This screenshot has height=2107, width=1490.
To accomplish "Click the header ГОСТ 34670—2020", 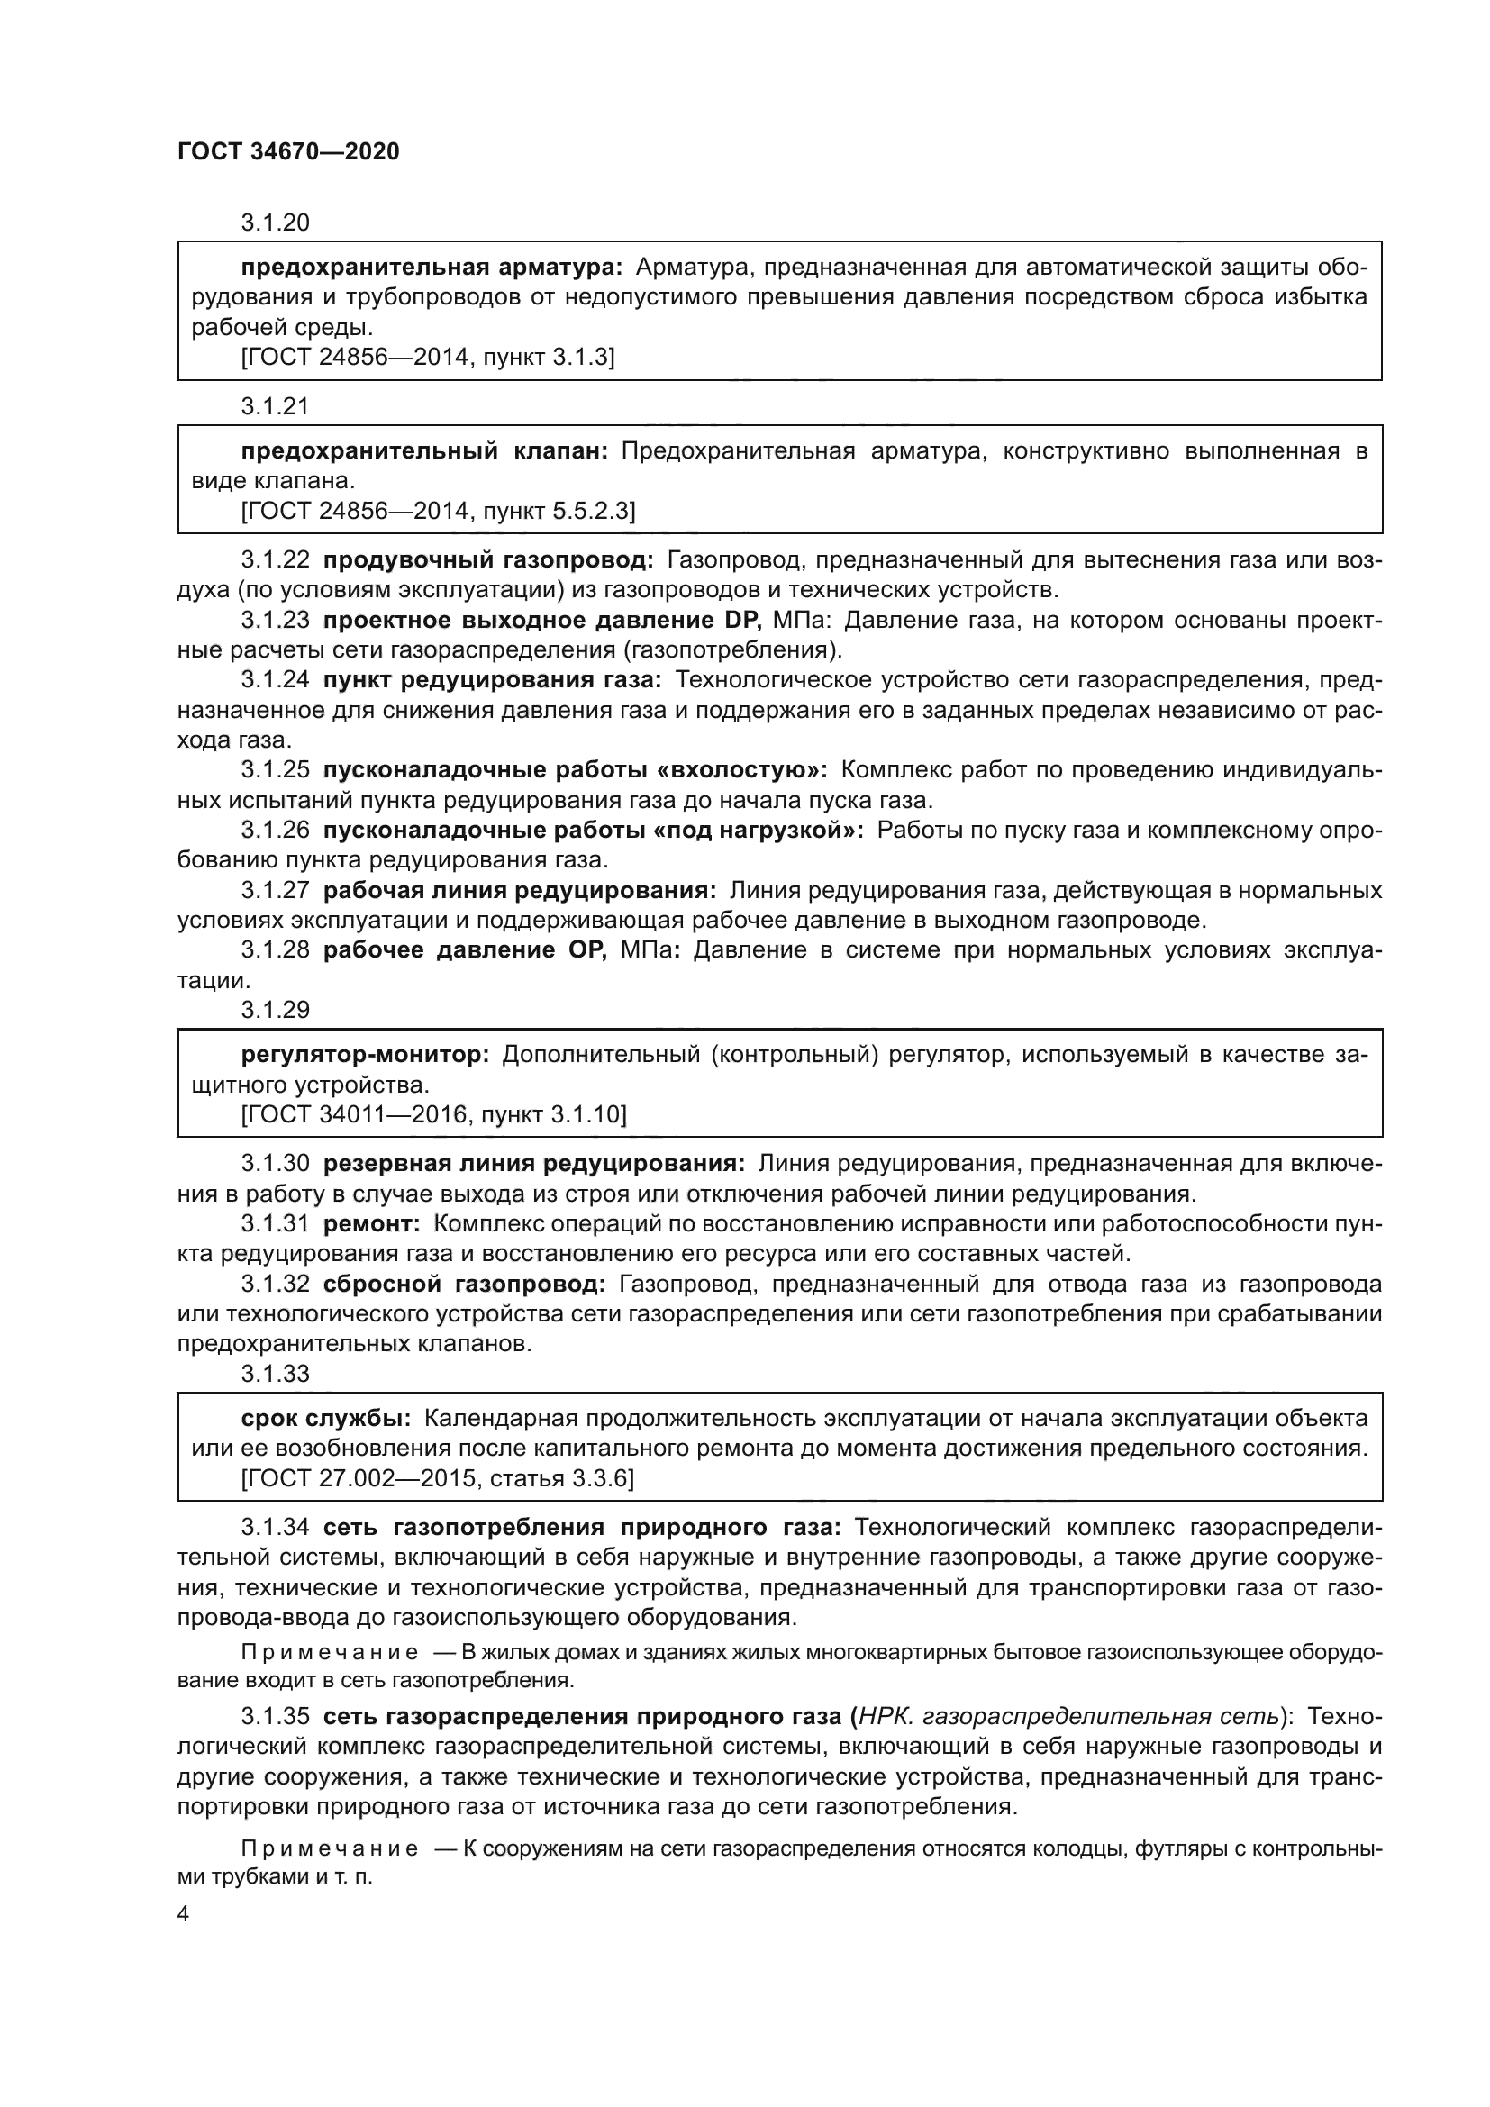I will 288,151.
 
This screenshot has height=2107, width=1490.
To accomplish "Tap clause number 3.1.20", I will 276,223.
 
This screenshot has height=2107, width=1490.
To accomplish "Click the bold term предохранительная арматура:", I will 432,267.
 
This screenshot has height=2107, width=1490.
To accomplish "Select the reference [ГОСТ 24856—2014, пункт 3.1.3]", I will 428,357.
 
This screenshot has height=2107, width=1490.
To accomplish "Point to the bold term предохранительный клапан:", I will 425,450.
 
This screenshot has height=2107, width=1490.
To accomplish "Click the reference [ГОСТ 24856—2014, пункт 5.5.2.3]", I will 438,510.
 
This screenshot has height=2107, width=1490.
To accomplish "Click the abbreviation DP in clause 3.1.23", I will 741,621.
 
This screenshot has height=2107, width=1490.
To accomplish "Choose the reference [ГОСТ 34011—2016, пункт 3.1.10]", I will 434,1114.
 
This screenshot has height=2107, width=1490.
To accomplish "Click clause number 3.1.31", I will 276,1223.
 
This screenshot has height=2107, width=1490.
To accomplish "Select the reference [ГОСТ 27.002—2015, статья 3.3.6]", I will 438,1477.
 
